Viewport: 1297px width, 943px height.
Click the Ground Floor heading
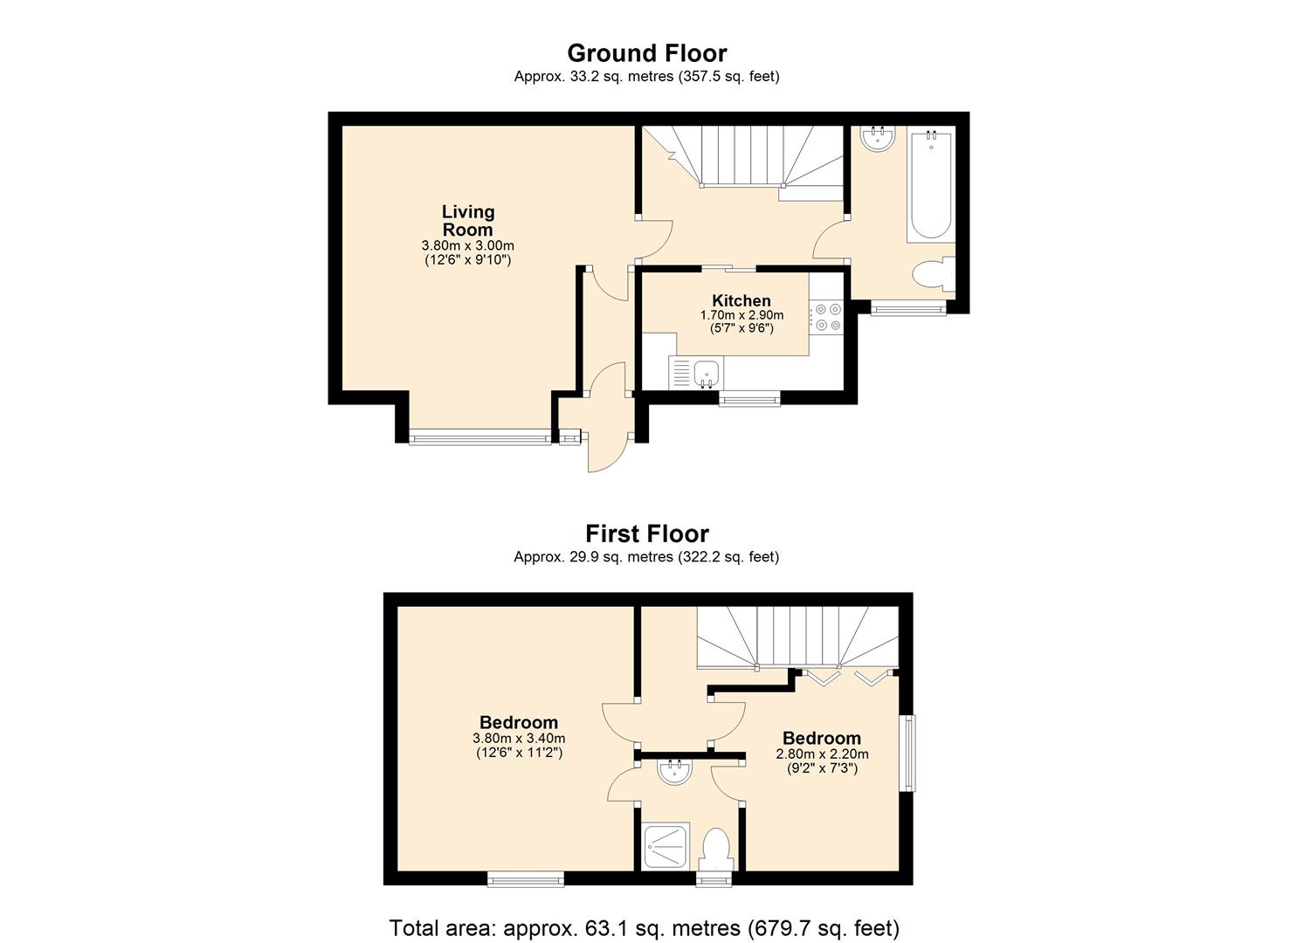coord(646,53)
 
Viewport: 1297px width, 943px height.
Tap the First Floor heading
coord(646,533)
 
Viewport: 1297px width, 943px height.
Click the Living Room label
coord(467,221)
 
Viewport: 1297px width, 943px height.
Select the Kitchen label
coord(741,300)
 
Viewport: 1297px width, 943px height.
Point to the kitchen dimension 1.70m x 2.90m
coord(741,315)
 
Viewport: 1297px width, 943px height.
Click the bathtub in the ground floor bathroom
coord(930,183)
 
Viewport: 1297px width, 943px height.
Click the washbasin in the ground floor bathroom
coord(876,138)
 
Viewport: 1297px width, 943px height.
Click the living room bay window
coord(480,437)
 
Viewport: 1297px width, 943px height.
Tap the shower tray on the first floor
coord(666,846)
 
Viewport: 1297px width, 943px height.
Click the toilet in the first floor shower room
coord(715,848)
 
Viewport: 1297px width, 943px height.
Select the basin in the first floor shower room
coord(674,771)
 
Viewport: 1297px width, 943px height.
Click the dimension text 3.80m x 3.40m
coord(519,738)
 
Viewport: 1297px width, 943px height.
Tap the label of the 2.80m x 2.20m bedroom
coord(821,739)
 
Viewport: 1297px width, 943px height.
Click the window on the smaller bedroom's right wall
coord(908,754)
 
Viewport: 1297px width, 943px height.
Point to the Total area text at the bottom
coord(644,927)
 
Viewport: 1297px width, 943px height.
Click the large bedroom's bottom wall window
coord(525,878)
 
